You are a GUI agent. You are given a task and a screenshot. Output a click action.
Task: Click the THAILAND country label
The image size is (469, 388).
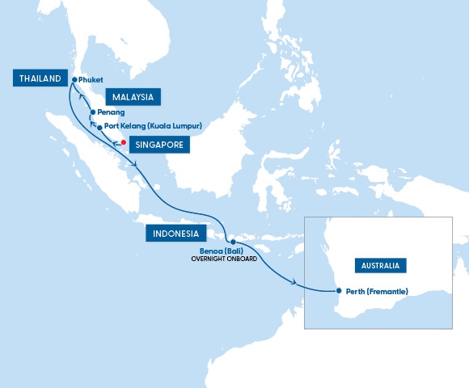pos(36,78)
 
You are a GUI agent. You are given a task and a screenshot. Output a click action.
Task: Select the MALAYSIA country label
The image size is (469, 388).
pos(132,97)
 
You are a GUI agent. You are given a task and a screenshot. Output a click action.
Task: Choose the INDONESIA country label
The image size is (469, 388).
pos(175,234)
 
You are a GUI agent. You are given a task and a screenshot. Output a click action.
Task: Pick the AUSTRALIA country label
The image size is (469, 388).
pos(381,265)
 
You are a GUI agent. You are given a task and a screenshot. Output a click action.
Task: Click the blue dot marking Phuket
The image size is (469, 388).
pos(74,79)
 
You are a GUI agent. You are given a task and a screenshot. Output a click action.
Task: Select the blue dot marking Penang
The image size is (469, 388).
pos(93,112)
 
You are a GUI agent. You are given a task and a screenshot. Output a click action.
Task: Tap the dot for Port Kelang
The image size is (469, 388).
pos(99,127)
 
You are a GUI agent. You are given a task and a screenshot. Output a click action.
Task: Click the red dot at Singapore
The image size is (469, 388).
pos(123,142)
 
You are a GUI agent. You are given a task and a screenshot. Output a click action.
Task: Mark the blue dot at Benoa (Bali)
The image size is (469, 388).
pos(232,242)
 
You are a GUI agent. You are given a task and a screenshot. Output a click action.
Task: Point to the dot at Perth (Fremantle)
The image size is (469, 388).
pos(340,291)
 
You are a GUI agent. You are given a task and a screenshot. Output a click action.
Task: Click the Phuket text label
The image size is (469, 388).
pos(91,79)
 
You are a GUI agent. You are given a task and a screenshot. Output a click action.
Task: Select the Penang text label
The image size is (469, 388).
pos(111,112)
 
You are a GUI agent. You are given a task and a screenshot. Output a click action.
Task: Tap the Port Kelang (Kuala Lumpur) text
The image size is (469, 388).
pos(153,127)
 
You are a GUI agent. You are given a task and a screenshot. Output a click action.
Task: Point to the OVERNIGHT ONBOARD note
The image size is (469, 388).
pos(223,259)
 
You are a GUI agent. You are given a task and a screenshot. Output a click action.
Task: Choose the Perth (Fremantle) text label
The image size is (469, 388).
pos(376,291)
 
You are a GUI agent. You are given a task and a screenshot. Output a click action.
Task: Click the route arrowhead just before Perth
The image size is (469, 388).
pos(294,282)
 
